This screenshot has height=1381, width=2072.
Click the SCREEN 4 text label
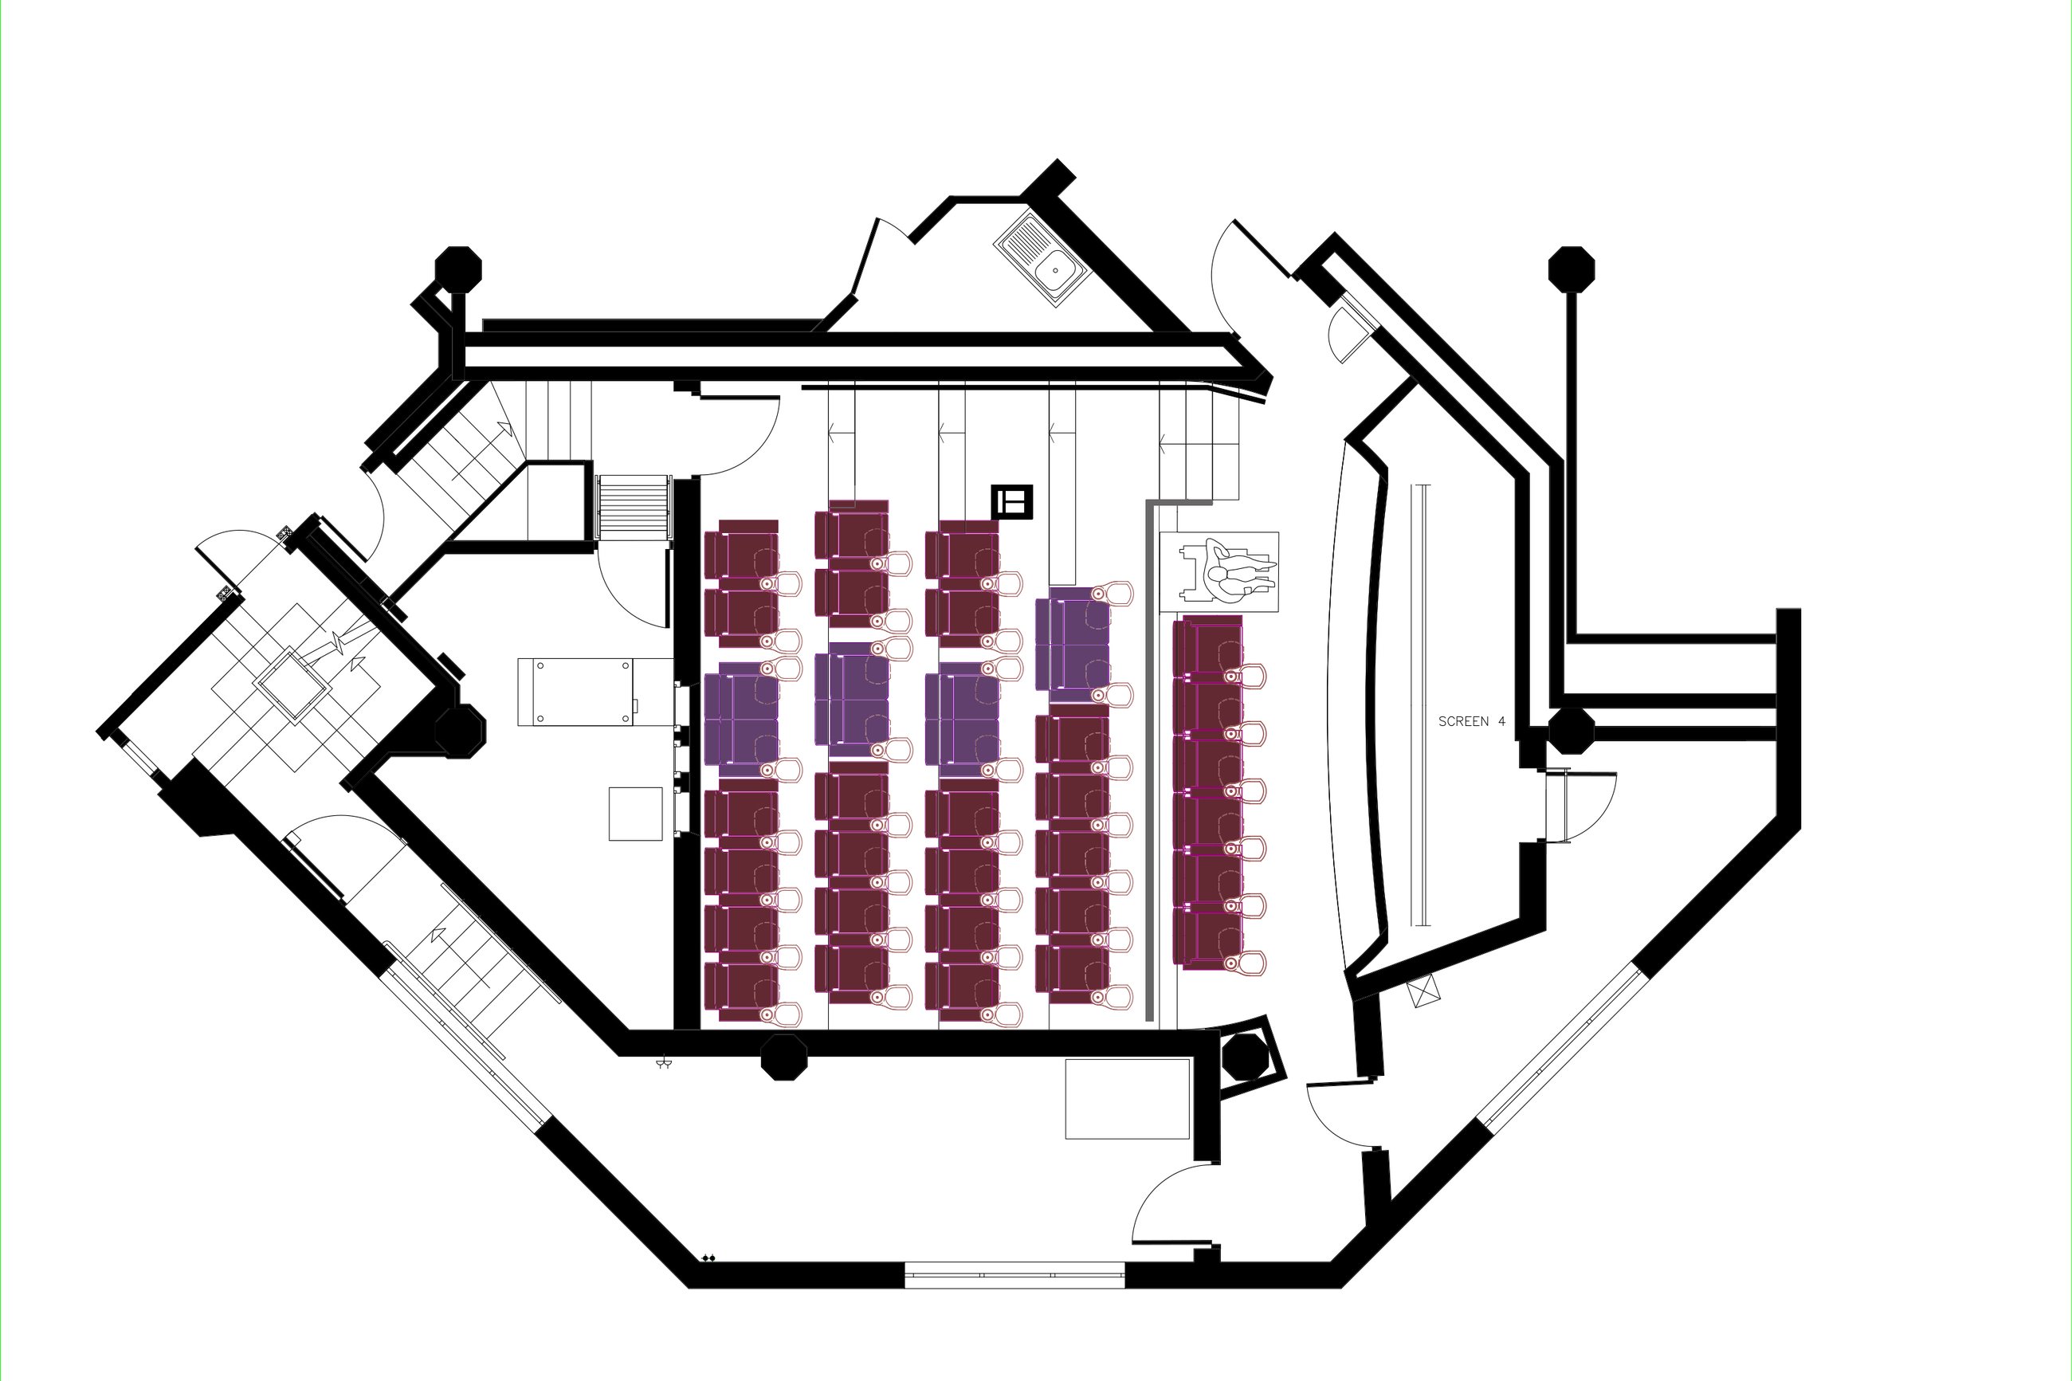[x=1471, y=721]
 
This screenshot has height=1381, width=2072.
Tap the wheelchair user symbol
[x=1228, y=572]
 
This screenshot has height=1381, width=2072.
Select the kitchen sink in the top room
[x=1043, y=261]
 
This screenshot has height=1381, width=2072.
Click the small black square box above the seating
[x=1012, y=502]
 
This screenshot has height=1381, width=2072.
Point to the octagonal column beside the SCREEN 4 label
[x=1571, y=731]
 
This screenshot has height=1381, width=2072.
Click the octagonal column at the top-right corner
[x=1572, y=269]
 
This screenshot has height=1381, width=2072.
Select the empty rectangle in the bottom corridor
[x=1127, y=1099]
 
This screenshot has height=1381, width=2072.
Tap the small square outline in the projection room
[x=635, y=814]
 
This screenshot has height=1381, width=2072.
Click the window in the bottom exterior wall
[x=1014, y=1275]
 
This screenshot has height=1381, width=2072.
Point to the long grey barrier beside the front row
[x=1150, y=762]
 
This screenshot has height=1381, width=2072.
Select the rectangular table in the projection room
[x=575, y=692]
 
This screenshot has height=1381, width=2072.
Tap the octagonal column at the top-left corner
[x=459, y=269]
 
